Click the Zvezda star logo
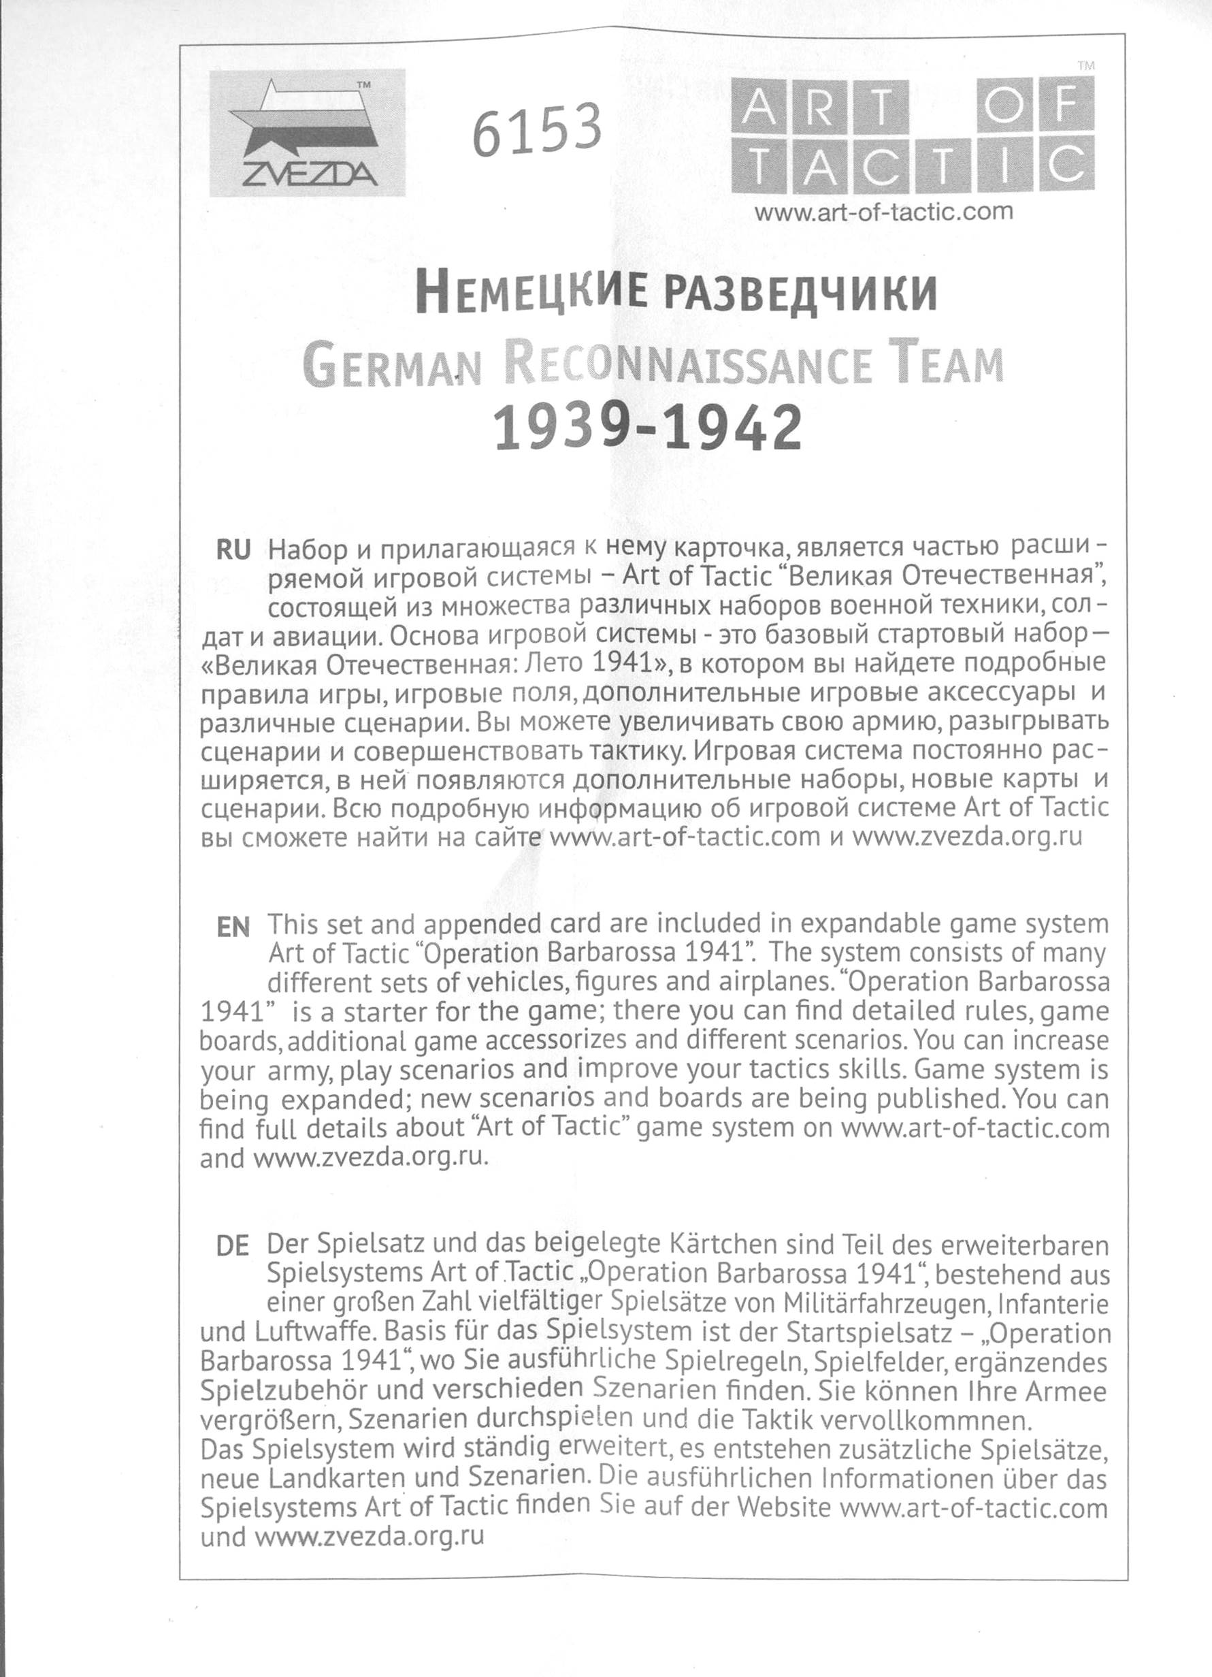click(x=307, y=133)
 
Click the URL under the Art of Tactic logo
click(x=883, y=212)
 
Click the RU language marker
click(x=233, y=551)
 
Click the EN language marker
click(x=233, y=927)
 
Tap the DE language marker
click(x=232, y=1247)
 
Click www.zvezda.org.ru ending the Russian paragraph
click(x=968, y=837)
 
